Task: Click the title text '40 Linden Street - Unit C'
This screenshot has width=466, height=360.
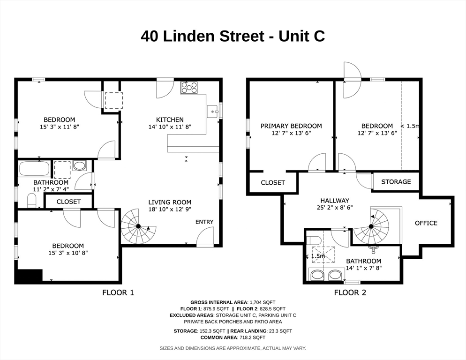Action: (x=233, y=36)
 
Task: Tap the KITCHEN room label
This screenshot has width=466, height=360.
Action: (x=170, y=120)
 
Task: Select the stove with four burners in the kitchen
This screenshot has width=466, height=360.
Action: (x=189, y=87)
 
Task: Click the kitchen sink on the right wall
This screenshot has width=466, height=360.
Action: (x=212, y=112)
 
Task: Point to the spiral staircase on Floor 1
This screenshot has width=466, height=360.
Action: (x=138, y=226)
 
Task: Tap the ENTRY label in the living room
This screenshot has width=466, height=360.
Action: (x=204, y=222)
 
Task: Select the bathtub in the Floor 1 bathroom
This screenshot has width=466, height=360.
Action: (x=34, y=168)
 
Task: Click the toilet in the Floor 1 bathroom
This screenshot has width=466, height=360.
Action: (x=32, y=200)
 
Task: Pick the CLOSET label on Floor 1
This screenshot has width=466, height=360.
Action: (x=68, y=202)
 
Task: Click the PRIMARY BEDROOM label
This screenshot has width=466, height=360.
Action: (x=291, y=126)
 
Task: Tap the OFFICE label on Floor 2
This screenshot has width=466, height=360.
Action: (x=426, y=223)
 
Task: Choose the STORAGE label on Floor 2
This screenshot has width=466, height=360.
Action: (x=396, y=182)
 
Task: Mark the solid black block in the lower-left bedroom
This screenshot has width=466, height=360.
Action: (x=29, y=276)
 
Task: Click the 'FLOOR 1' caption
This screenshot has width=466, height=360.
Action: (x=118, y=292)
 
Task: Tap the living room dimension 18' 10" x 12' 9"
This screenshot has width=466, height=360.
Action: (x=170, y=209)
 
